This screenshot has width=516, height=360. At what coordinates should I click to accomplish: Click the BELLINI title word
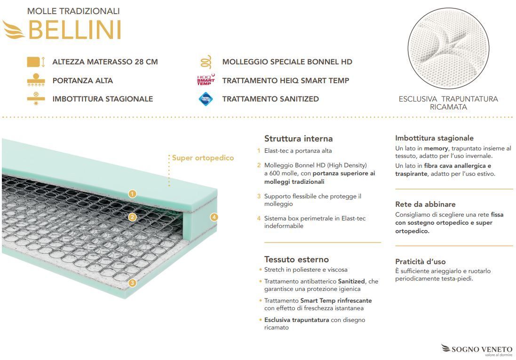(x=75, y=30)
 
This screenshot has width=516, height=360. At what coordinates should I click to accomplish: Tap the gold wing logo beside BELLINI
(x=13, y=29)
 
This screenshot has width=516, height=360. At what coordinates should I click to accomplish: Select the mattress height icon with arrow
(x=36, y=62)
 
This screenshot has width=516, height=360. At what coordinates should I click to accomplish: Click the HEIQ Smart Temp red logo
(x=206, y=80)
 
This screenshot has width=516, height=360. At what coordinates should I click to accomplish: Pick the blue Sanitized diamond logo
(x=206, y=99)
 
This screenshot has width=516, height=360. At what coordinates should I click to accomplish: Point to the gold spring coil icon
(x=206, y=62)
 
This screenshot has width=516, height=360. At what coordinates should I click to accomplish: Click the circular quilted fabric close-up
(x=448, y=48)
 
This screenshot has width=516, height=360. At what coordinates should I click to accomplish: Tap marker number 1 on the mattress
(x=132, y=194)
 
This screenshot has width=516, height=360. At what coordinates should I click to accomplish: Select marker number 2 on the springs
(x=132, y=217)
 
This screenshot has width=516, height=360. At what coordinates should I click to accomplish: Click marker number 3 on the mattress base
(x=132, y=283)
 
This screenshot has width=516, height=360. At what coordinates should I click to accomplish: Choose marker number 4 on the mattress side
(x=214, y=217)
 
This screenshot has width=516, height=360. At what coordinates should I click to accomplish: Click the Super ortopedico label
(x=203, y=158)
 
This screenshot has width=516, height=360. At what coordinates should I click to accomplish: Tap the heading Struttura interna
(x=299, y=139)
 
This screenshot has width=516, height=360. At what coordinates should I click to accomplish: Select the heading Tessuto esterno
(x=296, y=259)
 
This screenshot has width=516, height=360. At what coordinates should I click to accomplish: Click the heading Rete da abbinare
(x=425, y=204)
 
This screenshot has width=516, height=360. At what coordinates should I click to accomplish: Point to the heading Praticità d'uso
(x=420, y=262)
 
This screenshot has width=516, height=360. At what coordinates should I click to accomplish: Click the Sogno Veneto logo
(x=477, y=350)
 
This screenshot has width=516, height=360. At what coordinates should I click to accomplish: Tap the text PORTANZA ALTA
(x=83, y=80)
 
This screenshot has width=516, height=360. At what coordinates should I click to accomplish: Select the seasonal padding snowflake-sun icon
(x=36, y=99)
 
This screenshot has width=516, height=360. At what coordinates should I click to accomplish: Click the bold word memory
(x=436, y=149)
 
